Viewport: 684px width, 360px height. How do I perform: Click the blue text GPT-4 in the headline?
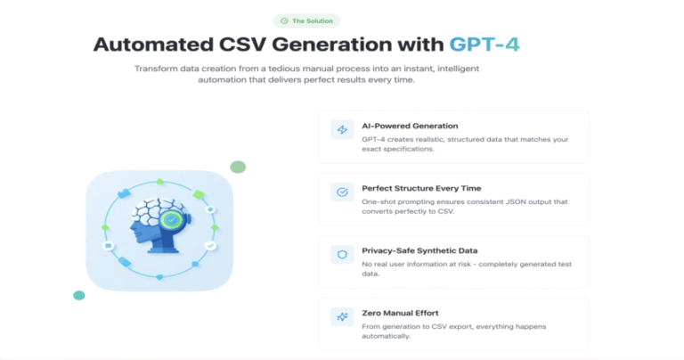click(x=484, y=44)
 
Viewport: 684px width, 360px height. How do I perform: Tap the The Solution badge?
click(x=306, y=21)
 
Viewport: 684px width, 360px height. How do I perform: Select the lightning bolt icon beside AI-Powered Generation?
click(x=342, y=129)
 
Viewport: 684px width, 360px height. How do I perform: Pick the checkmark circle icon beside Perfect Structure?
click(x=342, y=192)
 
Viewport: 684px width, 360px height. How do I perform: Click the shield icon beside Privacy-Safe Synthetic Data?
click(x=342, y=254)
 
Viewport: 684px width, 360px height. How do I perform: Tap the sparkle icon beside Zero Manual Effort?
click(x=342, y=317)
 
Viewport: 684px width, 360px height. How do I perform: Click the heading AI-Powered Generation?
click(x=410, y=127)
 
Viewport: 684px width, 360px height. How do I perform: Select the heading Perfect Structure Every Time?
click(x=421, y=189)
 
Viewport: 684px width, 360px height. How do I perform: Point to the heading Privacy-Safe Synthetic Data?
click(x=419, y=251)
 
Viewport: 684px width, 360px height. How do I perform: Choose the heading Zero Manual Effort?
click(x=400, y=314)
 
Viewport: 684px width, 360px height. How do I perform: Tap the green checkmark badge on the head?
click(x=171, y=219)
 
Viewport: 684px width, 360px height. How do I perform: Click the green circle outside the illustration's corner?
click(x=238, y=168)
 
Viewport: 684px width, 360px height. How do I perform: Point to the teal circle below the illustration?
click(x=79, y=296)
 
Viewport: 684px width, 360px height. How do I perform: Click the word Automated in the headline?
click(x=153, y=44)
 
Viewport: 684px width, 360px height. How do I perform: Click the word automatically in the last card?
click(x=386, y=337)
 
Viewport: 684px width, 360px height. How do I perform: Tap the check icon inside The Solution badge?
click(x=284, y=21)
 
